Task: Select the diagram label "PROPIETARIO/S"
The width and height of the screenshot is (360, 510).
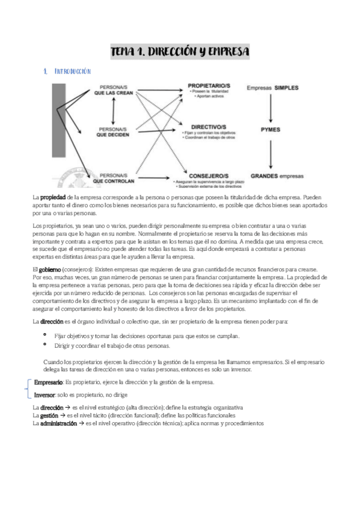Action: [x=210, y=87]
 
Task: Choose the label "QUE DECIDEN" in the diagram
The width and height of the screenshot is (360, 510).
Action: [x=112, y=135]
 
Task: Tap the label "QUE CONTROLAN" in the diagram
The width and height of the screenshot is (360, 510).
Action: [x=113, y=179]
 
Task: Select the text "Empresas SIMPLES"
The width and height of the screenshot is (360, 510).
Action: [x=273, y=88]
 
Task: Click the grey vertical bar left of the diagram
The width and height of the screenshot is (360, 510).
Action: [x=59, y=132]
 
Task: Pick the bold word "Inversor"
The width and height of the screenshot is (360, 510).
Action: [x=44, y=395]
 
